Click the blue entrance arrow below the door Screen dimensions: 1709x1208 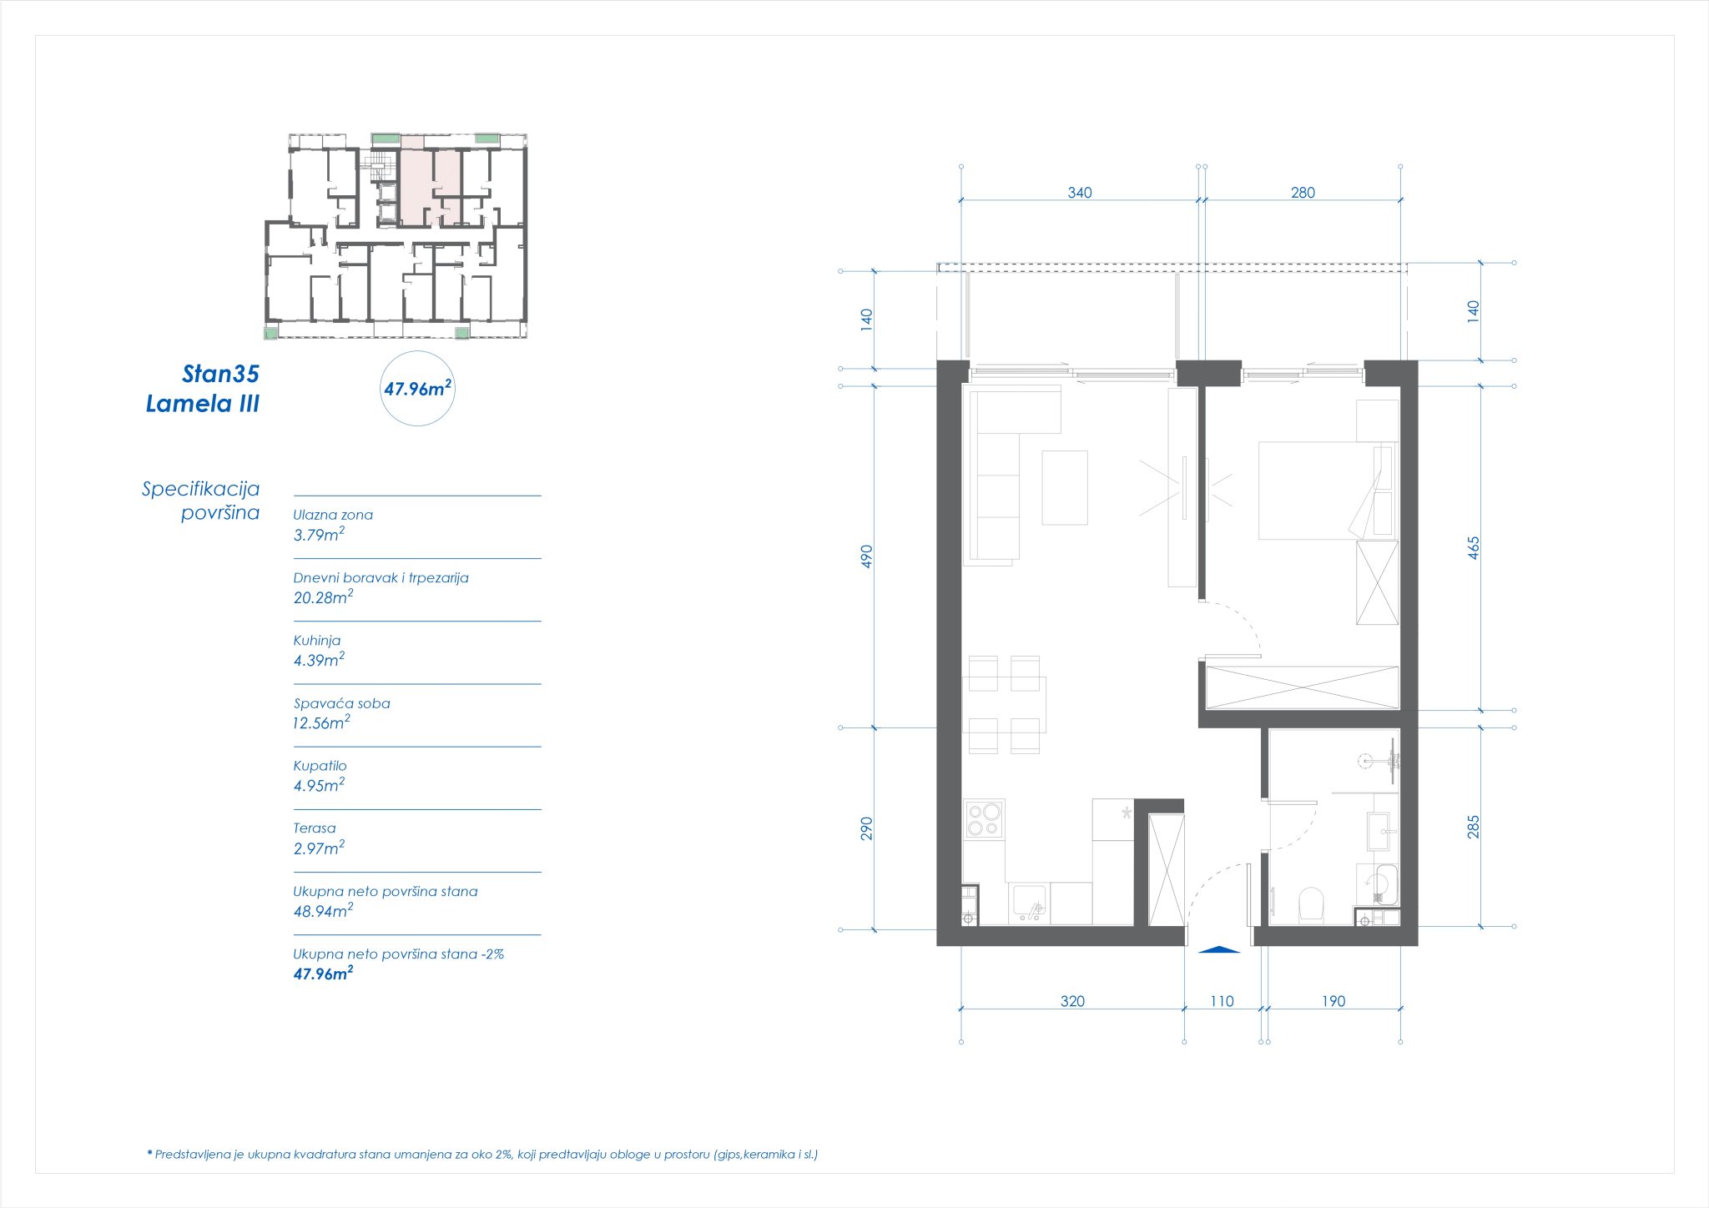click(1218, 949)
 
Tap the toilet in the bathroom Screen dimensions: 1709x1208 click(1312, 905)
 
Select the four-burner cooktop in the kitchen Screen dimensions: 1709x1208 click(984, 818)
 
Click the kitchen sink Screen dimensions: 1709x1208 click(1028, 903)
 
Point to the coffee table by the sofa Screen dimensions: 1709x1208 click(1065, 487)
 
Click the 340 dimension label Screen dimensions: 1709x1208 click(1080, 193)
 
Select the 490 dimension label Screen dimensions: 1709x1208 click(867, 556)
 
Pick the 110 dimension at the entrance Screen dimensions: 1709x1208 click(1222, 1001)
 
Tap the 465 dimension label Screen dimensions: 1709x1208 click(1474, 548)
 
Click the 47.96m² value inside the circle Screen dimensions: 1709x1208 click(417, 388)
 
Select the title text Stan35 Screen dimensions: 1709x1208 click(220, 374)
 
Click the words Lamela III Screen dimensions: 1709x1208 click(203, 404)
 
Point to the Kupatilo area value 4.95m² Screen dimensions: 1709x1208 click(319, 785)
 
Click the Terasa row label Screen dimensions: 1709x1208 click(315, 828)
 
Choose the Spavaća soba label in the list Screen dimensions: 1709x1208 click(342, 703)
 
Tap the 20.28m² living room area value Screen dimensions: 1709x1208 click(323, 597)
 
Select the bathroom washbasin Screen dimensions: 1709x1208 click(1378, 831)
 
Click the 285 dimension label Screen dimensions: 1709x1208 click(1474, 827)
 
